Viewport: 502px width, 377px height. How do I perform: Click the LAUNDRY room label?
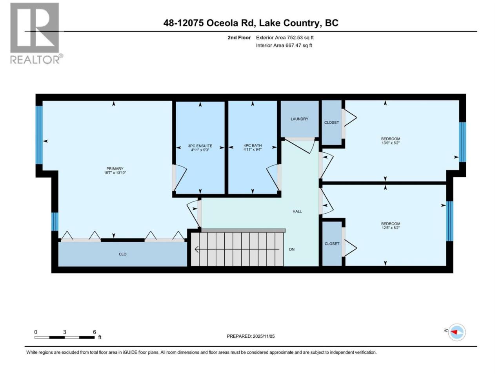[x=299, y=119]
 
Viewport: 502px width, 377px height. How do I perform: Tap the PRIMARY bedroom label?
[x=115, y=168]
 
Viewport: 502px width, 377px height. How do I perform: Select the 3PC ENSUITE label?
[x=200, y=146]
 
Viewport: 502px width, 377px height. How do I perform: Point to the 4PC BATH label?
[x=253, y=145]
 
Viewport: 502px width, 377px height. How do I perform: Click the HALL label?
[x=297, y=211]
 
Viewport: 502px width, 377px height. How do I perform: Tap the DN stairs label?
[x=292, y=249]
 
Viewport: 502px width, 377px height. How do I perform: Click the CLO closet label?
[x=123, y=254]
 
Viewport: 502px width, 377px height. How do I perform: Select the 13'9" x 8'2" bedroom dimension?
[x=390, y=143]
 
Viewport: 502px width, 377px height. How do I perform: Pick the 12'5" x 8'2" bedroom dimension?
[x=390, y=228]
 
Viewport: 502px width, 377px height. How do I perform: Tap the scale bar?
[x=65, y=337]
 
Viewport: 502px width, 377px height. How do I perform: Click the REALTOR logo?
[x=36, y=33]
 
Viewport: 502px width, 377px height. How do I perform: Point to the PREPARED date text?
[x=251, y=336]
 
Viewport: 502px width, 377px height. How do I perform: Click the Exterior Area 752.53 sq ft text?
[x=285, y=38]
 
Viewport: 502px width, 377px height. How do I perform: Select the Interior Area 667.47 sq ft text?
[x=284, y=45]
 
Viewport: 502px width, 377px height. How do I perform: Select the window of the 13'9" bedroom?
[x=462, y=142]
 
